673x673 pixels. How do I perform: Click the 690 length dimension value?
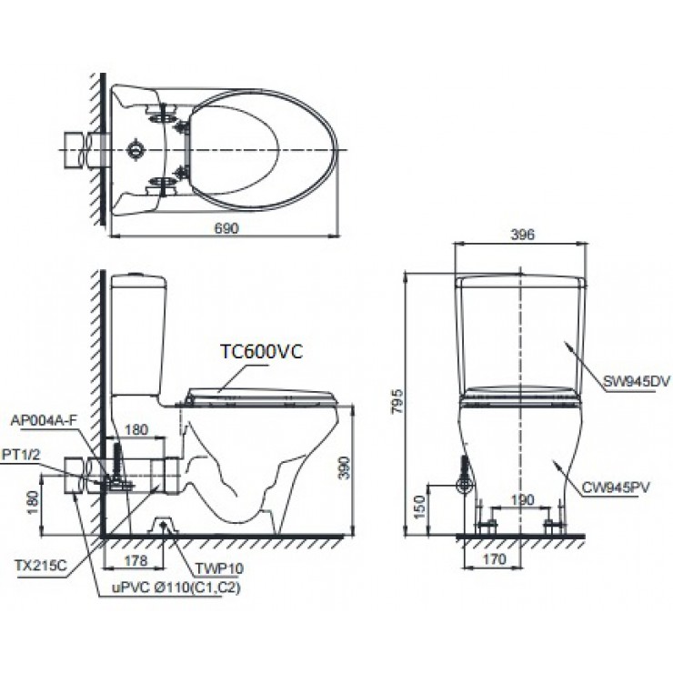(x=226, y=228)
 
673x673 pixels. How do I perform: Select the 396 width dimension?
(x=521, y=234)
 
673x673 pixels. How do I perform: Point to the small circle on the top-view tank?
(x=136, y=146)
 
